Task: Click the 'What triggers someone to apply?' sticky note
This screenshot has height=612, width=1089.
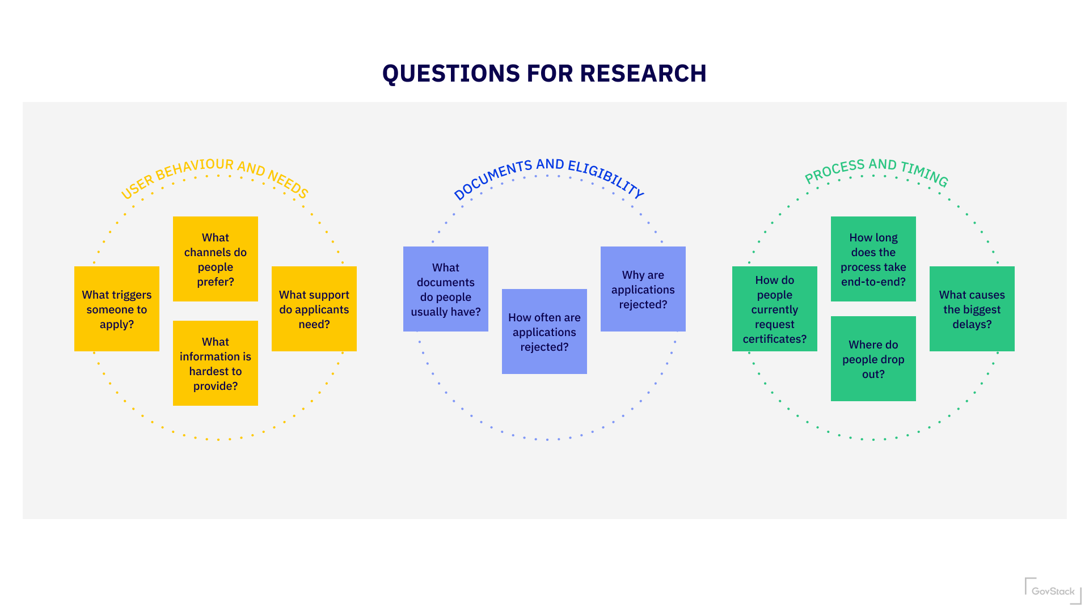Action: coord(117,309)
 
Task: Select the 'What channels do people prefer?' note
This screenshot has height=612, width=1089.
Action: coord(216,259)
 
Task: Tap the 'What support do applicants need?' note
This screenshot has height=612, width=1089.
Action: coord(314,309)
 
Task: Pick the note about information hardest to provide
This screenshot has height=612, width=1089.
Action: coord(216,363)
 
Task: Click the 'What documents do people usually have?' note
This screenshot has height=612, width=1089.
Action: coord(446,289)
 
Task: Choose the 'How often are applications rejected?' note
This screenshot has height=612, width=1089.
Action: coord(544,331)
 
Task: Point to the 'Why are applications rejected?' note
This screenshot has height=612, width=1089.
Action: coord(643,289)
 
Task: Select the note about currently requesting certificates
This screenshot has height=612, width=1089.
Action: coord(775,309)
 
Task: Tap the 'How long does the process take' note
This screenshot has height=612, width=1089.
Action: coord(873,259)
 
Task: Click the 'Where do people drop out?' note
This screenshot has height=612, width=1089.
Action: coord(873,359)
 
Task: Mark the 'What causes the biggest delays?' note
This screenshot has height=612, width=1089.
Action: coord(972,309)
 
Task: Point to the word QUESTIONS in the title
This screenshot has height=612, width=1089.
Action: coord(451,74)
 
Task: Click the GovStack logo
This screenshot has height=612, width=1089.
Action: coord(1053,590)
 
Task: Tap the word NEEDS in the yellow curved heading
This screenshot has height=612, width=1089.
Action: coord(288,184)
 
